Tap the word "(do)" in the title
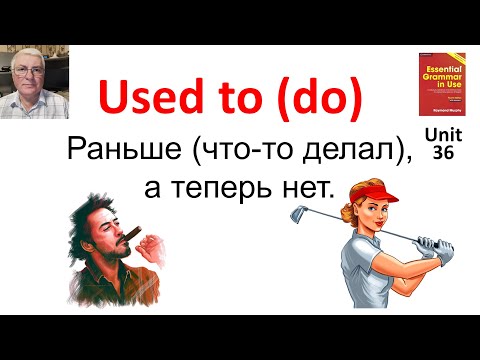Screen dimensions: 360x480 pyautogui.click(x=315, y=98)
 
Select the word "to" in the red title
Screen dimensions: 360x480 pyautogui.click(x=229, y=98)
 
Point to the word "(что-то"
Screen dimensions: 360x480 pyautogui.click(x=230, y=152)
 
